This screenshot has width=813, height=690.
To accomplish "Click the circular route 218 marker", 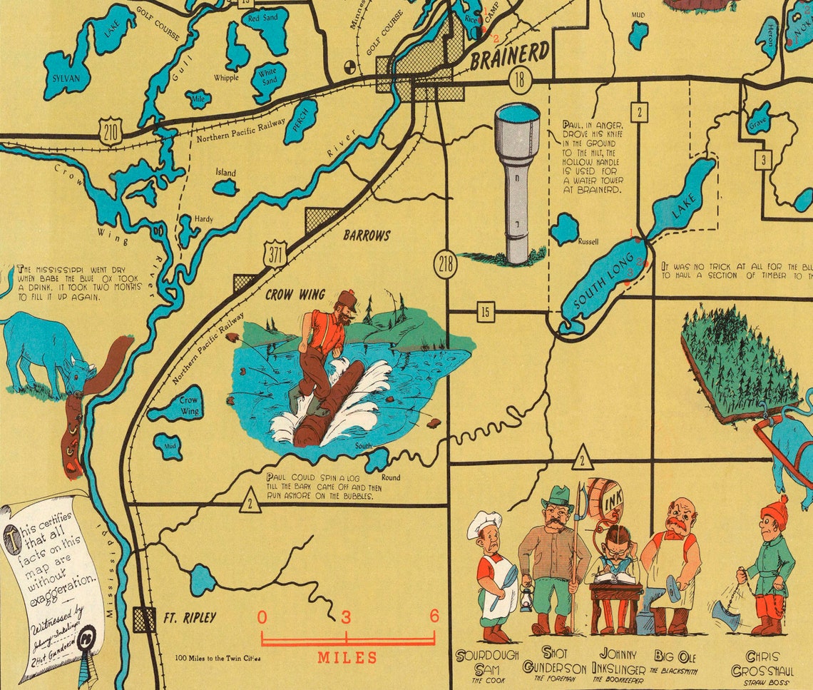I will pyautogui.click(x=446, y=265).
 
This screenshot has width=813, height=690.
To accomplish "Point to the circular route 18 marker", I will pyautogui.click(x=520, y=79).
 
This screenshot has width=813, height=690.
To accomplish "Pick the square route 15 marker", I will pyautogui.click(x=486, y=311).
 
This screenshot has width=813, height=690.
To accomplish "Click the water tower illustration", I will pyautogui.click(x=517, y=178).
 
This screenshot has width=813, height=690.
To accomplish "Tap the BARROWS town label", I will pyautogui.click(x=367, y=235).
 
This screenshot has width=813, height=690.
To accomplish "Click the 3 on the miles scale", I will pyautogui.click(x=346, y=617).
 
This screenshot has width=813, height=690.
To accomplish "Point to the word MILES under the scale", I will pyautogui.click(x=347, y=657).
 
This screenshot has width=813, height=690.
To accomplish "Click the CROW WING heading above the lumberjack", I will pyautogui.click(x=295, y=294).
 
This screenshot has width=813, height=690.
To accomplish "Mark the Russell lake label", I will pyautogui.click(x=588, y=241).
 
